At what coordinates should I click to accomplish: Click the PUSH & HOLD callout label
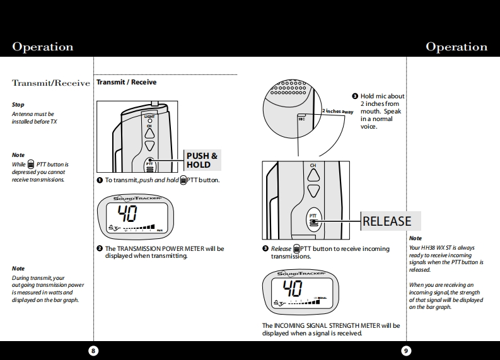tap(202, 160)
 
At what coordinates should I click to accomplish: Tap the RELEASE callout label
tap(387, 221)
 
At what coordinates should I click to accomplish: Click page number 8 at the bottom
tap(93, 351)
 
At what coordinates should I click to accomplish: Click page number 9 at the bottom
tap(406, 351)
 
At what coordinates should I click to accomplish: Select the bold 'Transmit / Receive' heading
tap(126, 83)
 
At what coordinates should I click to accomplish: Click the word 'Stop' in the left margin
tap(18, 105)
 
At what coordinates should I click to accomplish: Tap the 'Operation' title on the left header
tap(42, 47)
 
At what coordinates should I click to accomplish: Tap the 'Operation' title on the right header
tap(456, 47)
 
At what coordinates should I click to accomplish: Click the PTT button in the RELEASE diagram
tap(313, 219)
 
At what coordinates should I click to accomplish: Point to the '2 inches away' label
tap(338, 112)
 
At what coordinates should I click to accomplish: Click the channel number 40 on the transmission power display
tap(129, 212)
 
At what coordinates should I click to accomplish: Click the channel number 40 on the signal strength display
tap(293, 289)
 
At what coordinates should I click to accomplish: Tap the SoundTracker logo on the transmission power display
tap(137, 199)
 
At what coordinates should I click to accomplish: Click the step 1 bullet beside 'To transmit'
tap(100, 180)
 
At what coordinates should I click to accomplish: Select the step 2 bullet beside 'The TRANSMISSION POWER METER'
tap(100, 248)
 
